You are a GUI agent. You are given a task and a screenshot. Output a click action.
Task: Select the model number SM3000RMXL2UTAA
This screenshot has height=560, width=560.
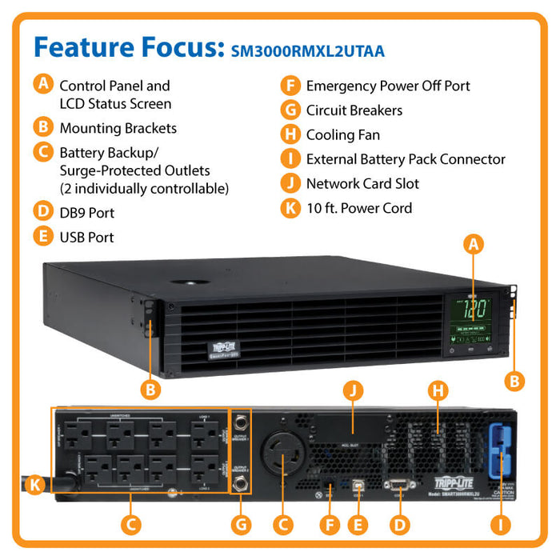(x=308, y=51)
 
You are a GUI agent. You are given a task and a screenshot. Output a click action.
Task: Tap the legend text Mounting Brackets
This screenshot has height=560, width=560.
(x=118, y=128)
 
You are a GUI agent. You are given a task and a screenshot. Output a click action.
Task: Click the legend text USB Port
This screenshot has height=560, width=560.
(x=86, y=238)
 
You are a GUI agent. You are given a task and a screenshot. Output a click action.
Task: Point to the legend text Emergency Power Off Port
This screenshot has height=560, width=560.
(x=388, y=86)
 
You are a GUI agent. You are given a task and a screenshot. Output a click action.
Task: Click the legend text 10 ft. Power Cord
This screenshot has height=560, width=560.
(x=359, y=208)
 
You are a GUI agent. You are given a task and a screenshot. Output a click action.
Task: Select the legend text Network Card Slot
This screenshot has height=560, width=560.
(x=362, y=184)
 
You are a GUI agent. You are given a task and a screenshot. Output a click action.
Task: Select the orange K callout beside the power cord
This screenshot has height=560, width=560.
(x=34, y=484)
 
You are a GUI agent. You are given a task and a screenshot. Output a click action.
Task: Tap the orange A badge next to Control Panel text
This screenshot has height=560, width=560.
(x=42, y=83)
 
